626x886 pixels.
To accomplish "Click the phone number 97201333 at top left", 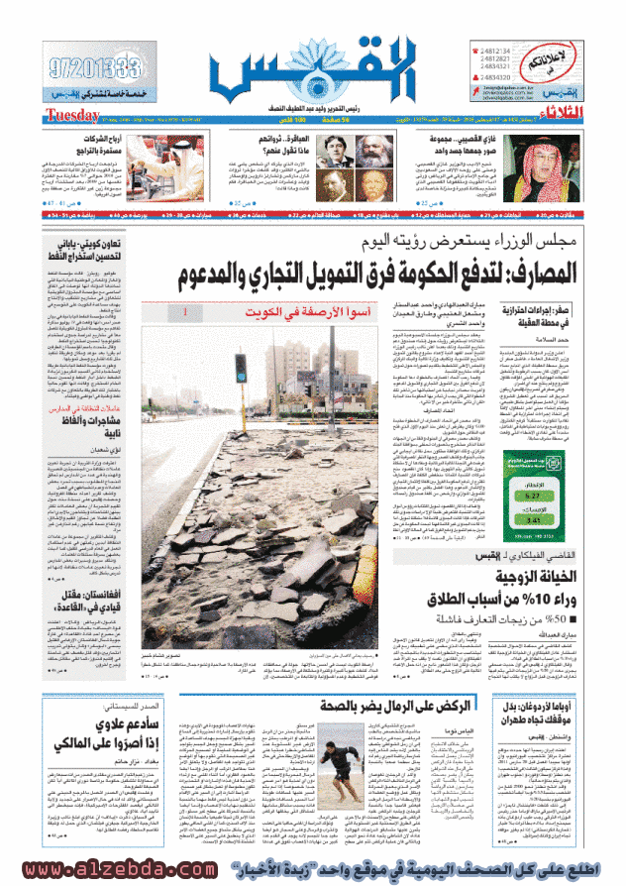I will pos(96,69).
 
